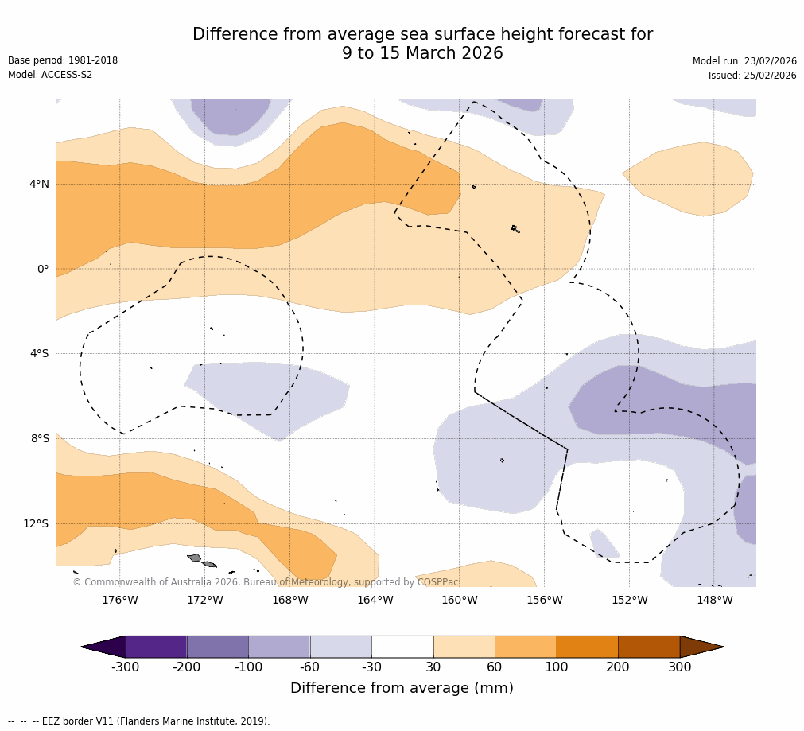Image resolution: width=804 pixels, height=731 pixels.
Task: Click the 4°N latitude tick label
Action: pos(39,185)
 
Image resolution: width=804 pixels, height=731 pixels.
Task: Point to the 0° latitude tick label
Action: pos(43,269)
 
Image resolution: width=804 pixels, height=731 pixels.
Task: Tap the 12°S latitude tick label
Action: pos(36,523)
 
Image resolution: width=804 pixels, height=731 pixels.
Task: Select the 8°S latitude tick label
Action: pos(39,438)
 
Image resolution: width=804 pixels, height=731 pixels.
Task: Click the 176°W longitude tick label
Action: pos(119,600)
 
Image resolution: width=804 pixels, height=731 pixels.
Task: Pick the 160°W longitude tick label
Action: pos(460,600)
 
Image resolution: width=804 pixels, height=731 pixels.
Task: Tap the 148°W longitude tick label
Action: pos(714,600)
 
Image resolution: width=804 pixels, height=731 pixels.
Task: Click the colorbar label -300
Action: pos(125,667)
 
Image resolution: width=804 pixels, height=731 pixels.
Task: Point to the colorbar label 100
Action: pos(556,667)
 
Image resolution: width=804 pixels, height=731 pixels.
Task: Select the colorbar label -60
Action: pos(310,667)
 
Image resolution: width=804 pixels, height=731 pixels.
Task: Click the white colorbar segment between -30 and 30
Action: pos(402,647)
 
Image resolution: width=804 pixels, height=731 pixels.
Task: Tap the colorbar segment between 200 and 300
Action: pos(649,647)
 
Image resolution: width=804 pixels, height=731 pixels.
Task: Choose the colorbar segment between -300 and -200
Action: pos(156,647)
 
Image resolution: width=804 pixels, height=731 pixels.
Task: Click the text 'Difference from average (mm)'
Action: pos(402,688)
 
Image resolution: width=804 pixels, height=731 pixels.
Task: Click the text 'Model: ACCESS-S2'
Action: pos(50,75)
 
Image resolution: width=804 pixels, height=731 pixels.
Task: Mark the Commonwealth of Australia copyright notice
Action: pos(266,582)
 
